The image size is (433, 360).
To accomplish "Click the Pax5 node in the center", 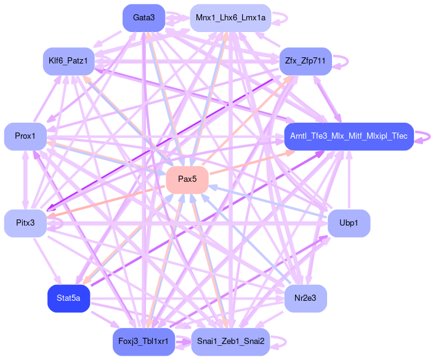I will click(x=187, y=179).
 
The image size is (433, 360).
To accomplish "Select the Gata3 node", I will click(x=144, y=17).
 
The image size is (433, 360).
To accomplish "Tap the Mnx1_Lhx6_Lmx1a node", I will click(x=230, y=17).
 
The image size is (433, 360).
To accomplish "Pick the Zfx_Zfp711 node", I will click(x=306, y=61).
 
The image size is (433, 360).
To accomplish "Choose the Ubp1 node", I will click(x=349, y=223).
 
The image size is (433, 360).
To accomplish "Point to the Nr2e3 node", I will click(x=305, y=298).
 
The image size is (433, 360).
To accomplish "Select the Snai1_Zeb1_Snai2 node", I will click(x=230, y=342).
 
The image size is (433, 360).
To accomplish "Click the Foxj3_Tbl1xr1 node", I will click(x=144, y=342).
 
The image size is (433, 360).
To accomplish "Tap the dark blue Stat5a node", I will click(x=68, y=298).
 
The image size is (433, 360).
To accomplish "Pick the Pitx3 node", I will click(x=25, y=223).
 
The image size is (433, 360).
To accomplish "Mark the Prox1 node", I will click(x=25, y=136).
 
